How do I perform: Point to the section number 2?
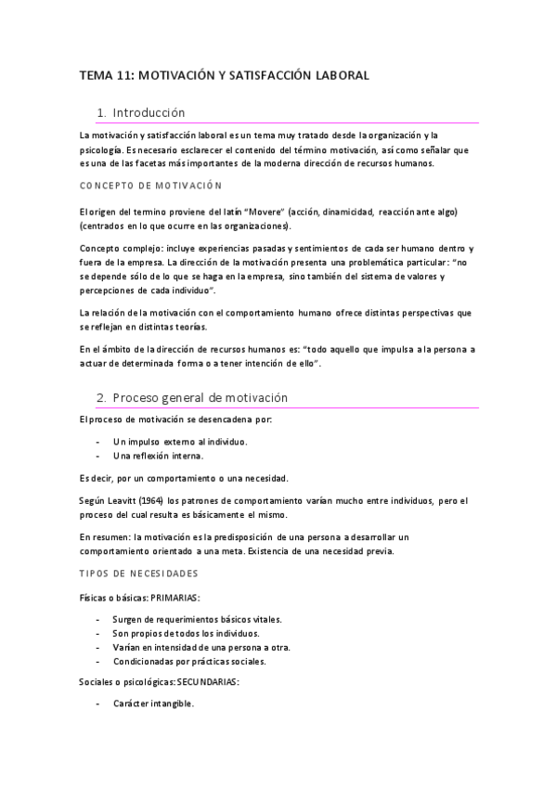pyautogui.click(x=101, y=397)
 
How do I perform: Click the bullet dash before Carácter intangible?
pyautogui.click(x=98, y=704)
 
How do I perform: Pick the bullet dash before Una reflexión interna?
pyautogui.click(x=98, y=456)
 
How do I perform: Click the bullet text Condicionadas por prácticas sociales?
pyautogui.click(x=189, y=662)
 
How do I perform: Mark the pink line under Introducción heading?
pyautogui.click(x=278, y=123)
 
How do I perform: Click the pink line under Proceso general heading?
pyautogui.click(x=278, y=408)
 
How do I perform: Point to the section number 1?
pyautogui.click(x=101, y=112)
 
